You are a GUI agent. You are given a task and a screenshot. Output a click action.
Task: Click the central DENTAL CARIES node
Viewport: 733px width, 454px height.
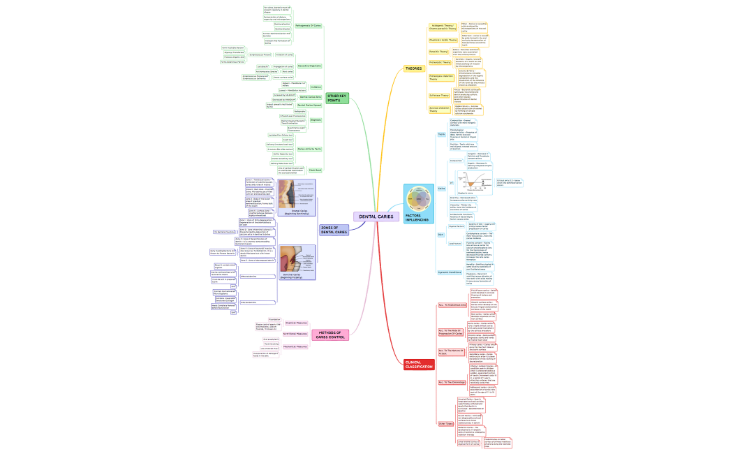(376, 217)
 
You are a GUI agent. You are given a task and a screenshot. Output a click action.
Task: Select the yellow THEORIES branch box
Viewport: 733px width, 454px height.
(413, 68)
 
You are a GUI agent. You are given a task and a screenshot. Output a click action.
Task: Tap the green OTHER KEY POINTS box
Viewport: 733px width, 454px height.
(336, 98)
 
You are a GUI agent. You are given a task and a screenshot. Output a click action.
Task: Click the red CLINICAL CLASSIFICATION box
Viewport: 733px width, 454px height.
(419, 364)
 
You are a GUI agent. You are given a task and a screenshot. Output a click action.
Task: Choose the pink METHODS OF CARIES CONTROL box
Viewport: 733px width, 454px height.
(330, 335)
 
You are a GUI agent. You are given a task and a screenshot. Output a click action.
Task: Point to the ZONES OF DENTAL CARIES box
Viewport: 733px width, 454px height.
(333, 230)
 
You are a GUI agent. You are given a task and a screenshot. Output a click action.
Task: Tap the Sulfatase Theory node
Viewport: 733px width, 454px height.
(439, 95)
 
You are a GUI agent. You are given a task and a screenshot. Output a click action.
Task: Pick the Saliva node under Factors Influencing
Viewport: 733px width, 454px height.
(441, 189)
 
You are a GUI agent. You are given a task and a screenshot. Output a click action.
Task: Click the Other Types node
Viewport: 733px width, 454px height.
(445, 423)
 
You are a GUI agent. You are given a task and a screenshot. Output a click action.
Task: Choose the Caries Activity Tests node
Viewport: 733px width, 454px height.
(309, 149)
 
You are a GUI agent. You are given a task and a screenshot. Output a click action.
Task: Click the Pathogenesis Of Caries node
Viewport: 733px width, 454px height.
(309, 25)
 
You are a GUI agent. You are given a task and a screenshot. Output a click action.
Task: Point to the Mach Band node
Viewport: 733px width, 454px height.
(315, 170)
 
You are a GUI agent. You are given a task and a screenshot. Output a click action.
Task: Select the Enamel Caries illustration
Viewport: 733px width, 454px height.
(297, 197)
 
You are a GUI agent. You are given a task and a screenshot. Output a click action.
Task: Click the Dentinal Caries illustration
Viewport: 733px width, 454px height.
(297, 262)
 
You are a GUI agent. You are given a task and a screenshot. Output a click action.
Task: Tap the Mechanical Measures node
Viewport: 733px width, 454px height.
(295, 346)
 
